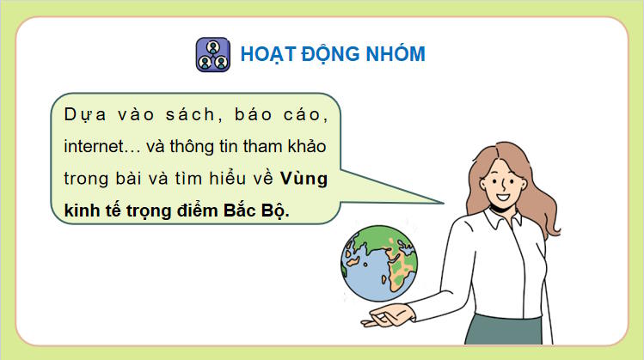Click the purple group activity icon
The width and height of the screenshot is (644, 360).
click(213, 53)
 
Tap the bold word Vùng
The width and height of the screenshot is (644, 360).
click(308, 179)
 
